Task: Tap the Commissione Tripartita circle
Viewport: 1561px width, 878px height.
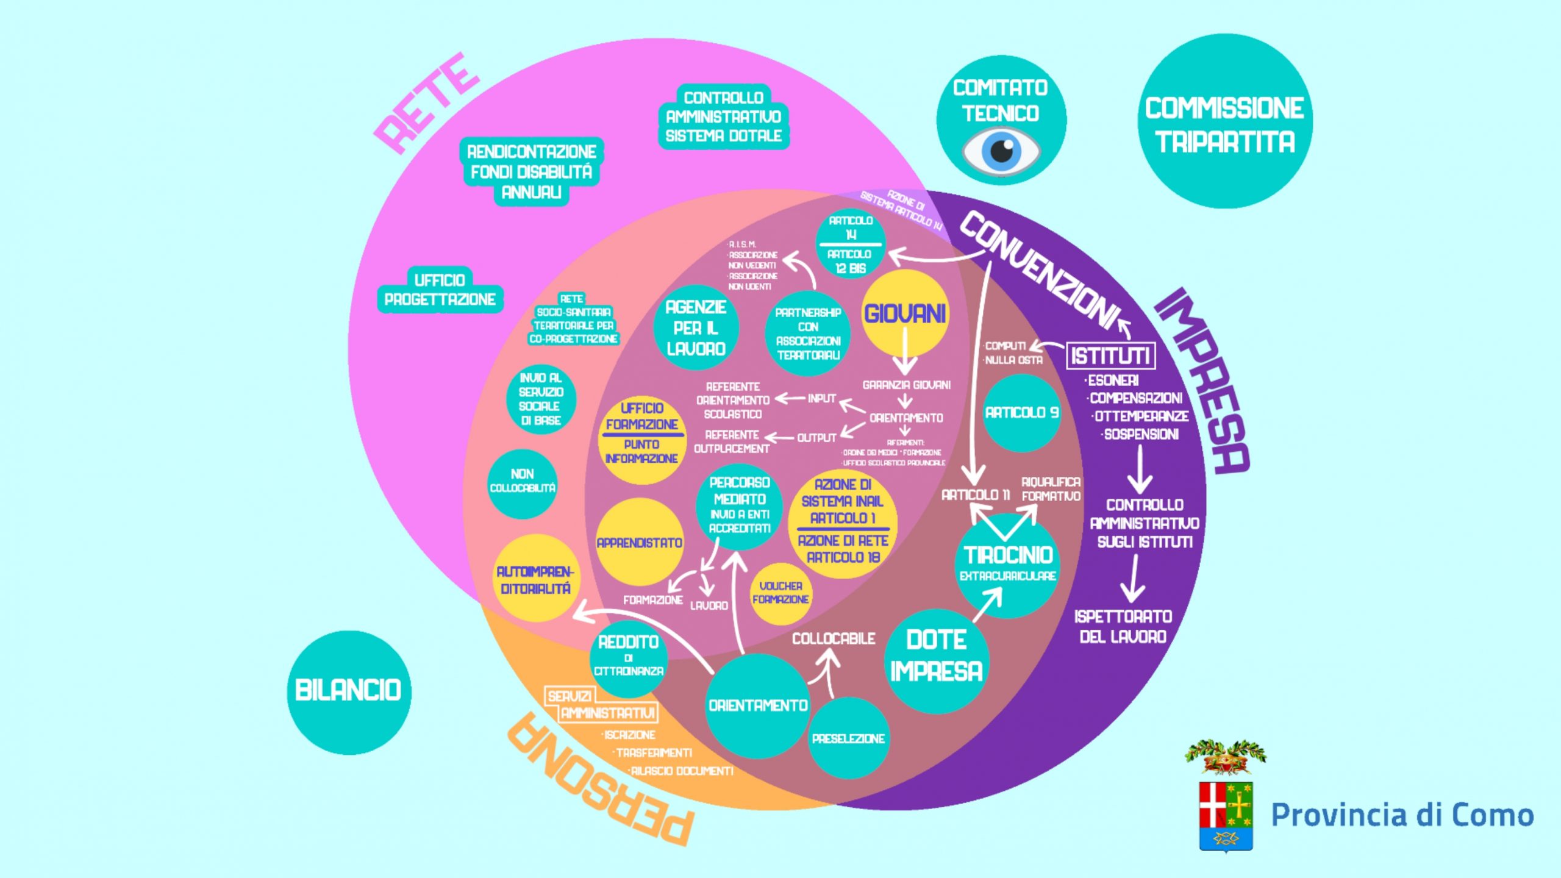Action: tap(1224, 122)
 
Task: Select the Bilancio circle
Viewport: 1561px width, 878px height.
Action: tap(349, 691)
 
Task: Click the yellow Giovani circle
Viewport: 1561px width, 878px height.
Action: tap(906, 313)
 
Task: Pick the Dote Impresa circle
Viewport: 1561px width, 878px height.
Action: tap(936, 656)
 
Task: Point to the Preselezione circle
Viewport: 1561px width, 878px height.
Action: tap(848, 738)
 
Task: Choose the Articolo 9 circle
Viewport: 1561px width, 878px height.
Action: tap(1022, 413)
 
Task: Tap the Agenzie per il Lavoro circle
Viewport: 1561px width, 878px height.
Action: tap(696, 328)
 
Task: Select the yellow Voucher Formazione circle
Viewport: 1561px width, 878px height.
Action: tap(780, 593)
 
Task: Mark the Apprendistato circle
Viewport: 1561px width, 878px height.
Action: tap(639, 542)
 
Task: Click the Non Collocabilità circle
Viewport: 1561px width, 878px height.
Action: tap(523, 481)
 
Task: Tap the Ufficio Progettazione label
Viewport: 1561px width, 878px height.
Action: tap(440, 290)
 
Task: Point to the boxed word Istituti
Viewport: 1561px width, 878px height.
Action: tap(1110, 355)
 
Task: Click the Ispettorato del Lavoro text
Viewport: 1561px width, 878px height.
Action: tap(1123, 626)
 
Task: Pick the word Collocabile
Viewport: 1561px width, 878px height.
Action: tap(834, 638)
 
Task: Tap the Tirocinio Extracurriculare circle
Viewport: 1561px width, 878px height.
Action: tap(1008, 564)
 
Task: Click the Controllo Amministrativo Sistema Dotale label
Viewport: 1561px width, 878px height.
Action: tap(724, 116)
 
